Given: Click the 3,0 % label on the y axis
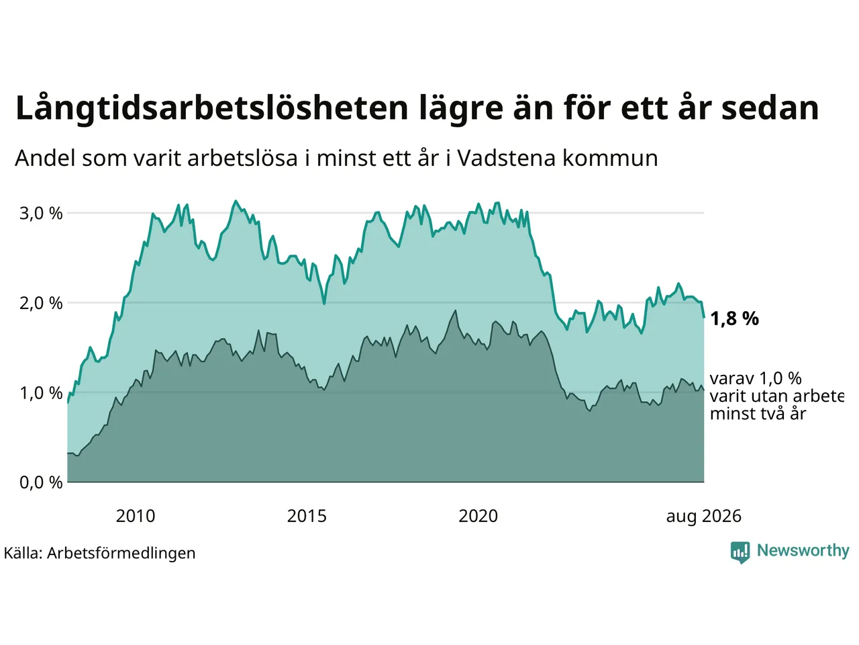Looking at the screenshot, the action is click(41, 214).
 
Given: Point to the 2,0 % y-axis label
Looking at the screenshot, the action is click(41, 304).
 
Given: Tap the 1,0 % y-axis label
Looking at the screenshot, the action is click(41, 393).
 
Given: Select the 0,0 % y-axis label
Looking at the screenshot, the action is click(41, 482).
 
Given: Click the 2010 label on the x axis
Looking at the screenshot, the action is click(136, 516).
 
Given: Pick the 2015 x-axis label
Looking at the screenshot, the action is click(307, 516).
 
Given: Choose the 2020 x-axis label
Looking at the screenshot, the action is click(478, 516).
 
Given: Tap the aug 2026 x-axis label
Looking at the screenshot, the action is click(703, 516).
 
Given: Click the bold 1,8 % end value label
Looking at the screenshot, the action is click(734, 318).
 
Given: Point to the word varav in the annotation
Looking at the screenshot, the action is click(731, 379).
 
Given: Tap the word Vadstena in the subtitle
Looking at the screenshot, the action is click(507, 159).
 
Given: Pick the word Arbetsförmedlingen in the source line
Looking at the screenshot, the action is click(121, 554).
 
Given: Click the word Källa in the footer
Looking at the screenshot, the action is click(23, 553).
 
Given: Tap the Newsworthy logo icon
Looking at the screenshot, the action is click(740, 552).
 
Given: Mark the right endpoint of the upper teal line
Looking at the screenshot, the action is click(704, 318).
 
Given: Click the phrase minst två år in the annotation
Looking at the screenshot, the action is click(758, 415).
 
